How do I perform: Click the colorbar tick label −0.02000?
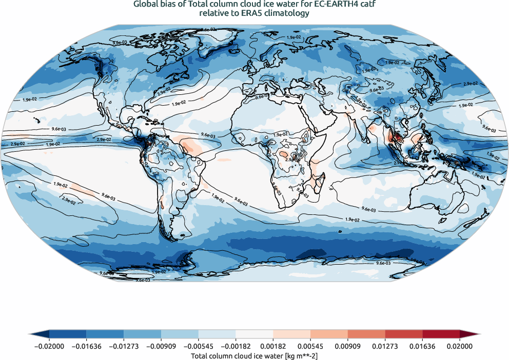click(49, 346)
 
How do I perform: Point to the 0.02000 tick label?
click(460, 346)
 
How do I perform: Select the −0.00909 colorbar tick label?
click(161, 346)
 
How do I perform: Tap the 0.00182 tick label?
click(273, 346)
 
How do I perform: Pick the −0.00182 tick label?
click(236, 346)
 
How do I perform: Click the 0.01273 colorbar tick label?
click(385, 346)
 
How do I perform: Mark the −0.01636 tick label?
click(86, 346)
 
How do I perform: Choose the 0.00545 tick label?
click(310, 346)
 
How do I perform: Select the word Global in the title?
click(145, 5)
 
